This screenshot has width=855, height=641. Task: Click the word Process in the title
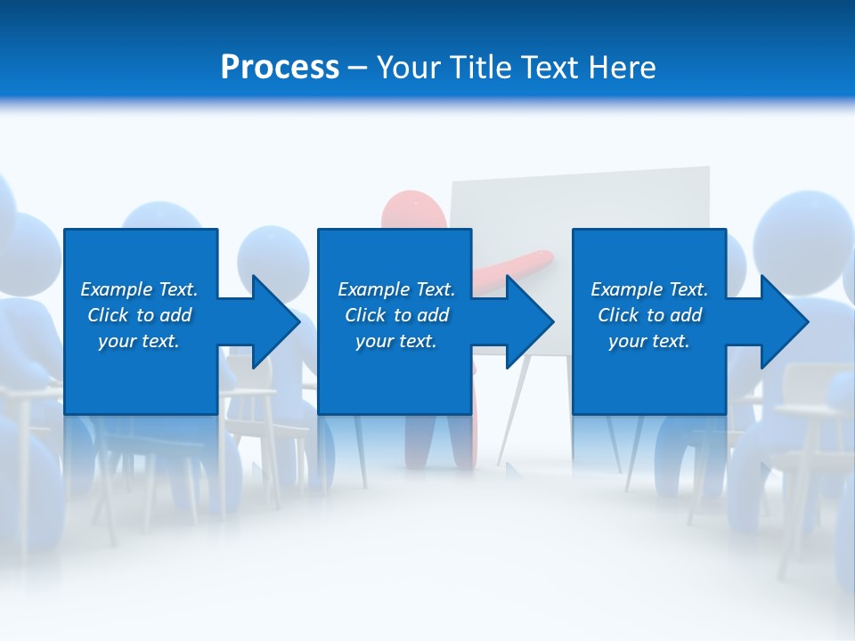click(x=280, y=68)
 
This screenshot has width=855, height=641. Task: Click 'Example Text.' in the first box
click(x=139, y=289)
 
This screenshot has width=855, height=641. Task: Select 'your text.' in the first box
click(x=139, y=341)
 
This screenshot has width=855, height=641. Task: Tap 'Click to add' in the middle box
click(x=396, y=315)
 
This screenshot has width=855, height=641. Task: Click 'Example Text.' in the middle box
click(x=396, y=289)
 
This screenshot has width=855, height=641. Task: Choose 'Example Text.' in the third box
click(x=649, y=289)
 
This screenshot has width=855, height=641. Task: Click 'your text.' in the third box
click(x=649, y=341)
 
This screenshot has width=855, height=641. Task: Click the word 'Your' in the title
click(x=408, y=68)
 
